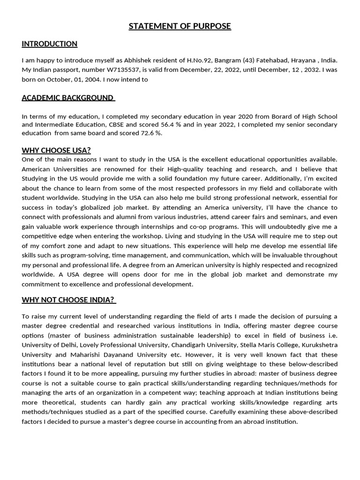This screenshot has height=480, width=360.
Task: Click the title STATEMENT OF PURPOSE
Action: tap(180, 26)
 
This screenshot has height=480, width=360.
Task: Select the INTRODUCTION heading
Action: tap(50, 44)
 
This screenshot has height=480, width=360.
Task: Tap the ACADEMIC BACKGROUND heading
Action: tap(67, 98)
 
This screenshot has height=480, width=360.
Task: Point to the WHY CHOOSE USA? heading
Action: tap(56, 150)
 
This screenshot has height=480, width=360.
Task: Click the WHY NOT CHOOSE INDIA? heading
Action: tap(68, 300)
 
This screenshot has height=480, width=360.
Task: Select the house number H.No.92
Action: tap(202, 60)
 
